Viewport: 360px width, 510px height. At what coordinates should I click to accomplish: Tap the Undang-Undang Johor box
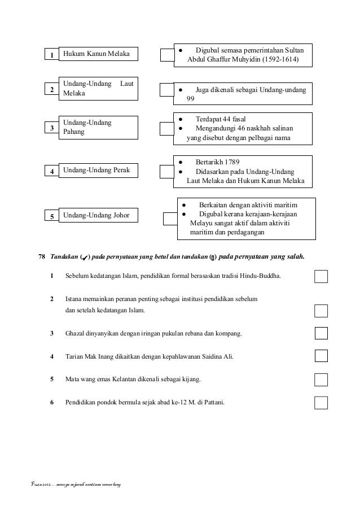pos(98,215)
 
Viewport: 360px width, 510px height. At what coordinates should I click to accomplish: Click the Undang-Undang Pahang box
pos(98,127)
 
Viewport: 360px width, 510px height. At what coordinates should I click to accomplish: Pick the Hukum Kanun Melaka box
pos(98,54)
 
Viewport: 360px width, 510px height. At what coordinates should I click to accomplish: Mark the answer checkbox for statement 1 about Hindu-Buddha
pos(321,276)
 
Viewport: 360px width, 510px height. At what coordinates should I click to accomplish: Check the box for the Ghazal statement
pos(321,333)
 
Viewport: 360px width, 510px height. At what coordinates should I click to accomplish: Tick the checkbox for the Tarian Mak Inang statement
pos(321,355)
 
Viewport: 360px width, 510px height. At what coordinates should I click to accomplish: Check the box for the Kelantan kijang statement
pos(321,379)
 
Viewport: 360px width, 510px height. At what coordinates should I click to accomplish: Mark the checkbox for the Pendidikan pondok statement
pos(321,402)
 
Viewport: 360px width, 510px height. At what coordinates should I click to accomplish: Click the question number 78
pos(42,256)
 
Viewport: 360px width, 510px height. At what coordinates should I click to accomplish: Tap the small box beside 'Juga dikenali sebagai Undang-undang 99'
pos(168,90)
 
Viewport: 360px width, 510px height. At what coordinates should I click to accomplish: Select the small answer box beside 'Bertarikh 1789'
pos(168,170)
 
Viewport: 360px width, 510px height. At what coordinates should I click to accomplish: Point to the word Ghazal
pos(75,334)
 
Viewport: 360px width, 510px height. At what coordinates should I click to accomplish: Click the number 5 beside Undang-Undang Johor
pos(51,216)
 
